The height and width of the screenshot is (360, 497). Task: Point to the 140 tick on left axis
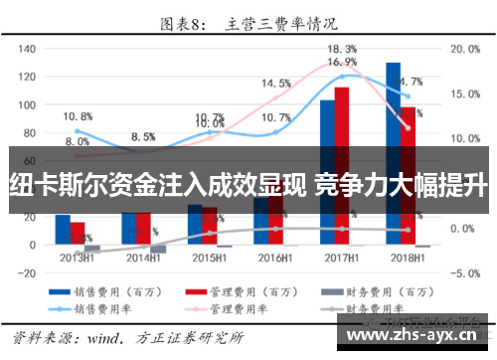pyautogui.click(x=27, y=48)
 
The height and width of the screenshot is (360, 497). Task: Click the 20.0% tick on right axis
pyautogui.click(x=466, y=48)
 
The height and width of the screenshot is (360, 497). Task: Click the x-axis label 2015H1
pyautogui.click(x=209, y=257)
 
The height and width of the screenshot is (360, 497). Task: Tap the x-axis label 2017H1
pyautogui.click(x=340, y=257)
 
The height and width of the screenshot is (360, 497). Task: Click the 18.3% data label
pyautogui.click(x=342, y=49)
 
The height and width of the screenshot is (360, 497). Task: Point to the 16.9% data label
pyautogui.click(x=342, y=62)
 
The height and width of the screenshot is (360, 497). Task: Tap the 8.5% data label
pyautogui.click(x=143, y=136)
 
